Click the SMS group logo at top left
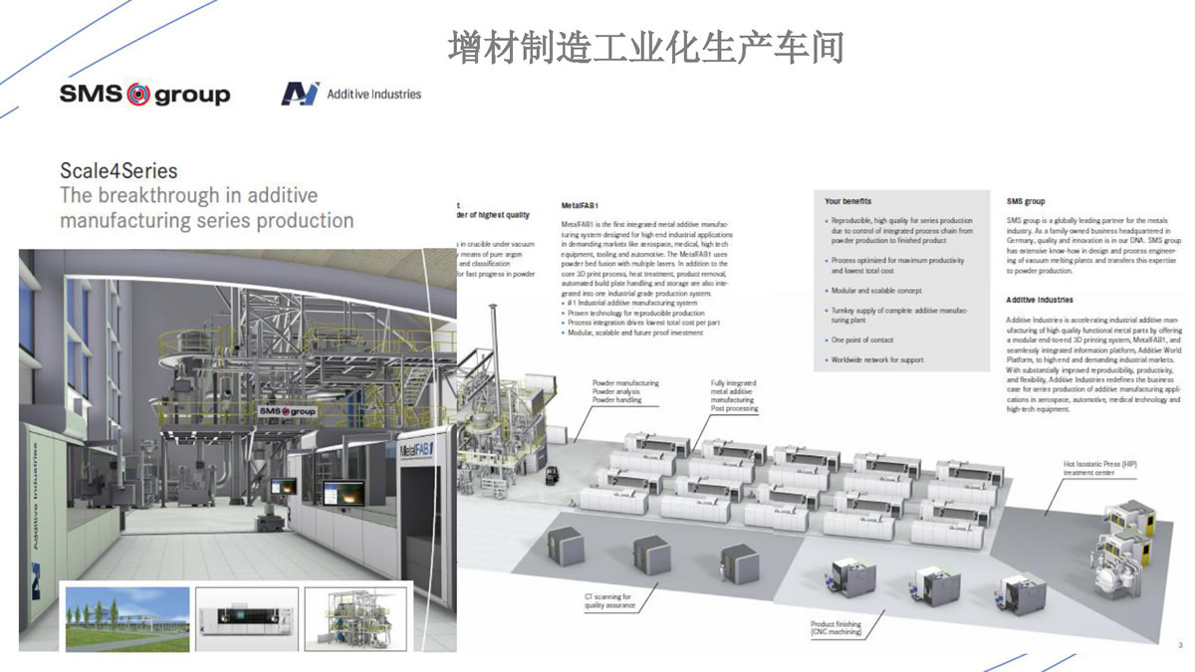coord(144,95)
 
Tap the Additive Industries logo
coord(352,94)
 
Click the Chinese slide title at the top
coord(645,47)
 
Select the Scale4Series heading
coord(119,171)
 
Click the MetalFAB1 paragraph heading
coord(580,205)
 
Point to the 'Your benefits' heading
coord(849,202)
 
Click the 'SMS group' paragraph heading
coord(1026,202)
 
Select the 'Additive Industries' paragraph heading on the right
coord(1040,300)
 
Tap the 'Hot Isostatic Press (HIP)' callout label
coord(1099,468)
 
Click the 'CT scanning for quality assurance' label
coord(609,600)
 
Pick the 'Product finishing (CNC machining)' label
coord(836,629)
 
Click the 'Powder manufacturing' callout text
coord(625,383)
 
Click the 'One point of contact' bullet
coord(862,339)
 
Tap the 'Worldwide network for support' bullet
coord(877,360)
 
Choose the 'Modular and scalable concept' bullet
coord(876,291)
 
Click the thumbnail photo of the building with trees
coord(126,618)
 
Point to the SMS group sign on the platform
coord(287,411)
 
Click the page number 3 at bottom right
coord(1179,644)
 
